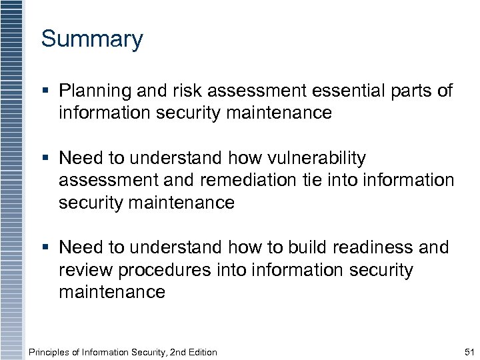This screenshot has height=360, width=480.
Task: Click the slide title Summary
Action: [92, 39]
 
